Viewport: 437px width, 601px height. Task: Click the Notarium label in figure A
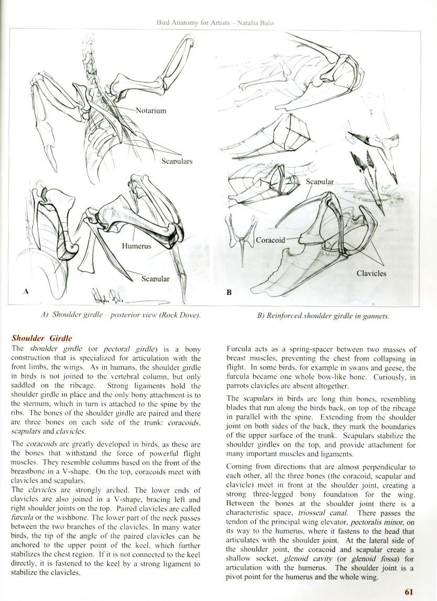coord(151,110)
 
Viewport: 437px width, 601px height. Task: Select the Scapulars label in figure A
coord(177,161)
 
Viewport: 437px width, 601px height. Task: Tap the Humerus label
coord(136,246)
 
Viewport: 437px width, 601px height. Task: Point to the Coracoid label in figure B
coord(270,240)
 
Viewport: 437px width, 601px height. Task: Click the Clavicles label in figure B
coord(371,273)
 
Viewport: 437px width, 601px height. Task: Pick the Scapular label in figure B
coord(320,182)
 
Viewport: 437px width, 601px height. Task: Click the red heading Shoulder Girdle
coord(42,338)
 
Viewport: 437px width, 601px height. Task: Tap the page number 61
coord(409,592)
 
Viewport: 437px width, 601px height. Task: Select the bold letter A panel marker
coord(26,291)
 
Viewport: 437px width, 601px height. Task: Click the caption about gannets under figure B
coord(323,316)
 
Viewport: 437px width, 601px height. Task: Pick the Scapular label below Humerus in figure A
coord(156,279)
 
